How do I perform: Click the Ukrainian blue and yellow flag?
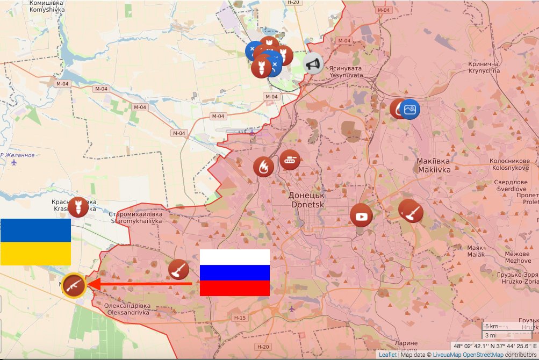[35, 242]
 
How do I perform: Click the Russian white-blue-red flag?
[235, 272]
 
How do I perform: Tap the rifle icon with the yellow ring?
[74, 285]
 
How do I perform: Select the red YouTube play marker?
[361, 216]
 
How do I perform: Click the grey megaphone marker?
[313, 63]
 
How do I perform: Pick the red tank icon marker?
[290, 160]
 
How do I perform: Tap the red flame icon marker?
[263, 167]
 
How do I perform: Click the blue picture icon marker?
[409, 110]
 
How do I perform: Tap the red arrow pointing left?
[140, 284]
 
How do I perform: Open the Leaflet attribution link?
[387, 355]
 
